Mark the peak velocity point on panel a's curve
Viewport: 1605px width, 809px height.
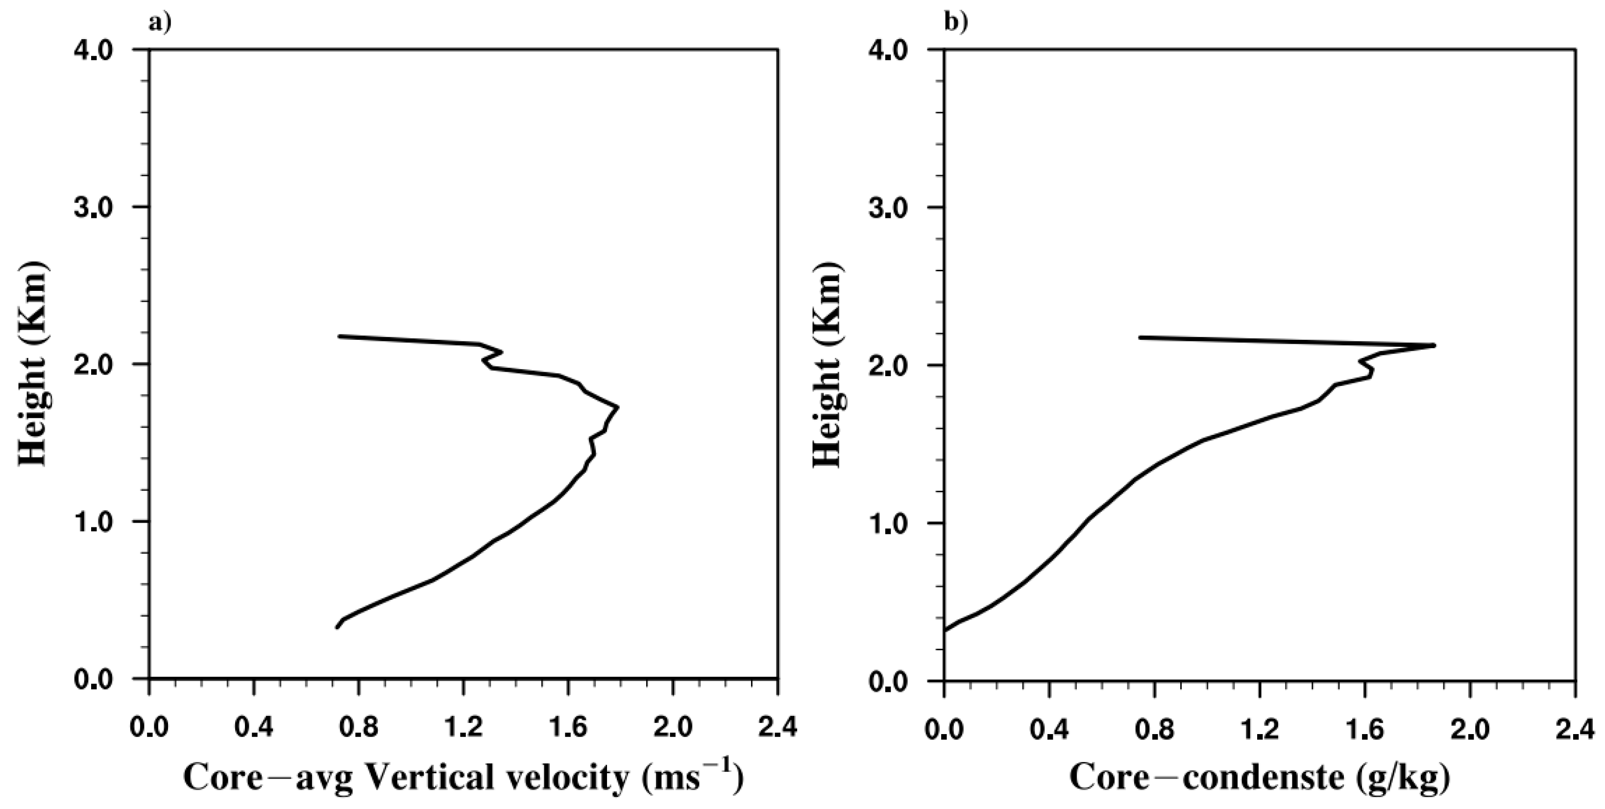[x=617, y=407]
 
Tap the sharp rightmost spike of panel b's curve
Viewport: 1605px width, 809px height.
[x=1434, y=345]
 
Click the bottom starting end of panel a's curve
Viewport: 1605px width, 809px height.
[x=337, y=627]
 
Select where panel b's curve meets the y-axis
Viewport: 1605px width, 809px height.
[x=945, y=630]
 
